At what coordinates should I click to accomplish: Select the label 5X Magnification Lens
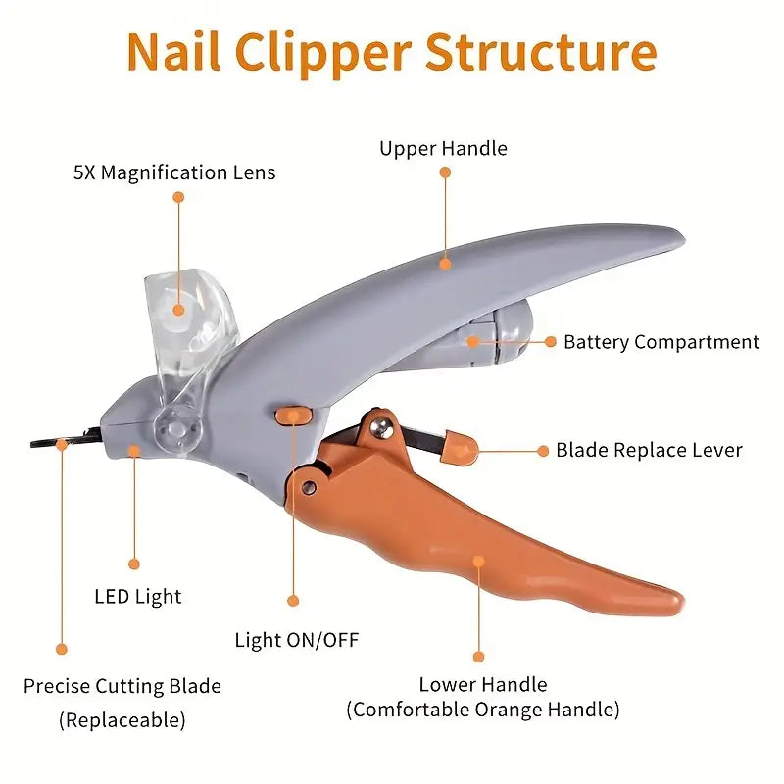click(174, 173)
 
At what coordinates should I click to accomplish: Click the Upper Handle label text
click(443, 149)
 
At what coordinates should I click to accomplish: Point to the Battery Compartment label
click(661, 342)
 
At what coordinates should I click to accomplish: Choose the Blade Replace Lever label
click(649, 451)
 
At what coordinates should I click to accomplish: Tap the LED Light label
click(138, 596)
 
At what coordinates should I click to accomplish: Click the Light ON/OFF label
click(297, 641)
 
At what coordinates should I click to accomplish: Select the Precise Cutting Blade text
click(122, 686)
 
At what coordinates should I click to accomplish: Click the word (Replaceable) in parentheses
click(122, 720)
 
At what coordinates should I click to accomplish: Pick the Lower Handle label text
click(483, 684)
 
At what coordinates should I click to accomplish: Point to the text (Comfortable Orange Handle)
click(483, 710)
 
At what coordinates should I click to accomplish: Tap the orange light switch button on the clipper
click(290, 416)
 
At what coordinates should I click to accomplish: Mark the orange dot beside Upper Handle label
click(445, 171)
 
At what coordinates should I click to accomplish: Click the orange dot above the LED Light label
click(134, 563)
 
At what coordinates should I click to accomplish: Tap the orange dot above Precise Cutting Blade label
click(61, 649)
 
